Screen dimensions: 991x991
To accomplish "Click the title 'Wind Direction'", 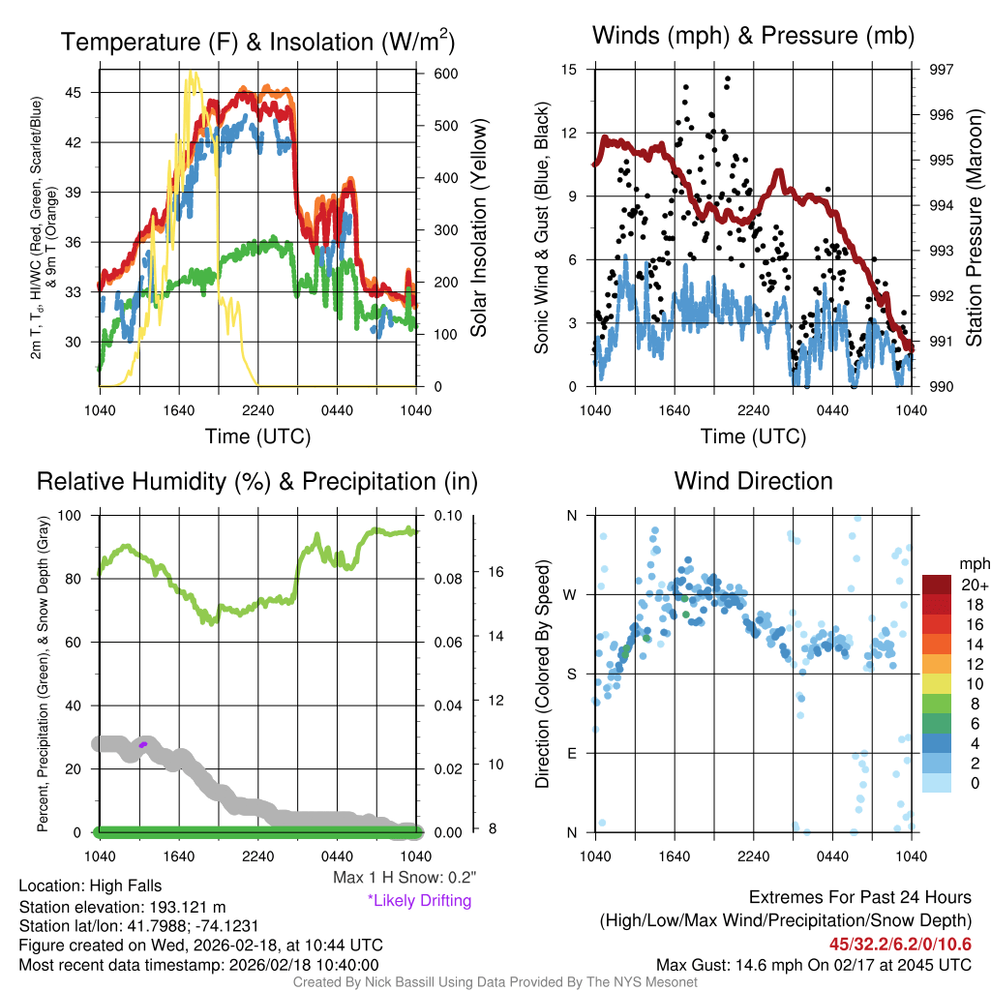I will (753, 481).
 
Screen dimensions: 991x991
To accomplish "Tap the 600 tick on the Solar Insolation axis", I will (433, 74).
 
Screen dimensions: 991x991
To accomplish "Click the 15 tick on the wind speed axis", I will (569, 70).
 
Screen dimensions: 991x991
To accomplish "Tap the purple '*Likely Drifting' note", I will (419, 900).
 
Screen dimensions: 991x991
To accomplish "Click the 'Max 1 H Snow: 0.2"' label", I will (405, 878).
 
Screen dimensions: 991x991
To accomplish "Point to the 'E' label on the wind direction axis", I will (571, 753).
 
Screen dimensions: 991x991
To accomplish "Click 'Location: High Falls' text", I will (90, 886).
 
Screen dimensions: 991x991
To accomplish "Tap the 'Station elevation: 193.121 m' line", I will (122, 907).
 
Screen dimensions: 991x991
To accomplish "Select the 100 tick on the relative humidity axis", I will (78, 516).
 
